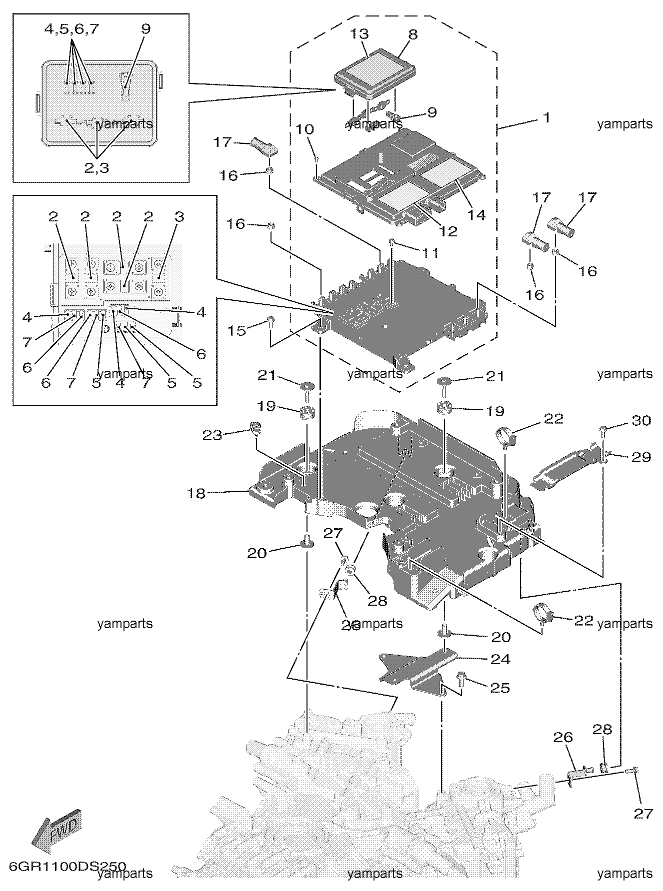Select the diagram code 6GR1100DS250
(x=66, y=866)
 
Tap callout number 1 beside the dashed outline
(x=546, y=118)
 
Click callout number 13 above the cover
(x=359, y=34)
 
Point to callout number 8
(x=412, y=34)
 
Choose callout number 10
(x=305, y=129)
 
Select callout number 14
(x=476, y=214)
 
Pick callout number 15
(x=237, y=331)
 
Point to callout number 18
(x=196, y=494)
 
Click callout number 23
(x=211, y=435)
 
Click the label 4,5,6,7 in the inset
(x=71, y=29)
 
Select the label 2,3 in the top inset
(x=96, y=168)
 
